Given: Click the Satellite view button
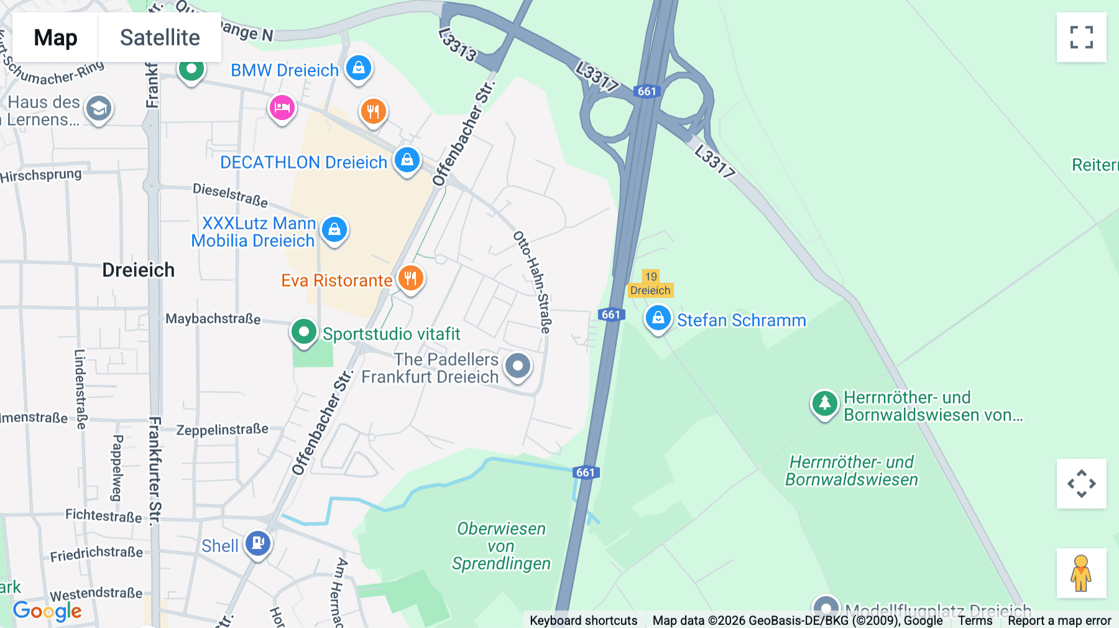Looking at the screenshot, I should (x=160, y=37).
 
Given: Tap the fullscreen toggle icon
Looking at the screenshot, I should (x=1081, y=37).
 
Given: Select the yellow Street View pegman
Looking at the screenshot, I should (x=1081, y=573).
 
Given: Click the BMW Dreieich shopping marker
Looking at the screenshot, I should (x=359, y=68).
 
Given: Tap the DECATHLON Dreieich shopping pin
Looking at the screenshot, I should (x=407, y=160).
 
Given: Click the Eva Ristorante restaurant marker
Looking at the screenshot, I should (x=410, y=278).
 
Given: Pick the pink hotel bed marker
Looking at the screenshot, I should (x=282, y=108).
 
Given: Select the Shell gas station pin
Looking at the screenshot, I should (x=257, y=543).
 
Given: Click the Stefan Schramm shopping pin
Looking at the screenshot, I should (x=658, y=318).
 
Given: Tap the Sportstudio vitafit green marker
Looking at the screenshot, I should (x=303, y=332).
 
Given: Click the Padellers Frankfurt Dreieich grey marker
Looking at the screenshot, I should (x=518, y=366).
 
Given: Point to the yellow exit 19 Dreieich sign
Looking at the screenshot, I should (x=650, y=284).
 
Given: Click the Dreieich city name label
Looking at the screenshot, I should (x=138, y=270).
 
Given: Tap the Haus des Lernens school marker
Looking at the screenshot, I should (x=98, y=109).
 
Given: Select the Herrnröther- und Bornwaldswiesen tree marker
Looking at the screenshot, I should (x=824, y=404).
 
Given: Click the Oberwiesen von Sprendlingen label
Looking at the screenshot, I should (x=501, y=546).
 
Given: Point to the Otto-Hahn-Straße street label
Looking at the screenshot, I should (x=532, y=282).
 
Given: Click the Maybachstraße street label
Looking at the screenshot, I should (x=213, y=318).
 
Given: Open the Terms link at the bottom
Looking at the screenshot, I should (x=975, y=620).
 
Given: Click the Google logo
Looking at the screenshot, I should (x=47, y=611).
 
